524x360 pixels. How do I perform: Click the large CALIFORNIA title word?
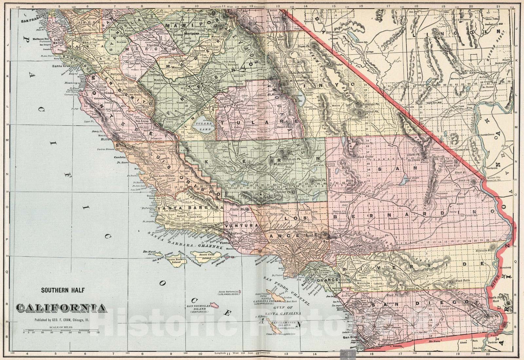click(61, 308)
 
